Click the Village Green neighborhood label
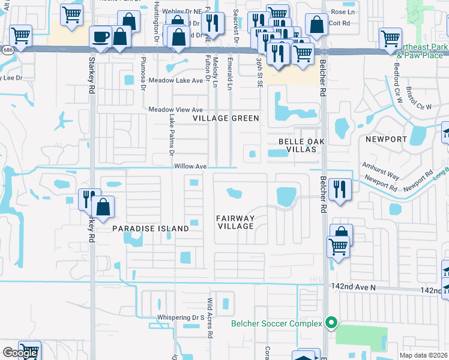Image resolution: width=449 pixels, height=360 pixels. click(226, 118)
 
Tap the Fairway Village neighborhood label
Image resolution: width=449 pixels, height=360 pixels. click(236, 222)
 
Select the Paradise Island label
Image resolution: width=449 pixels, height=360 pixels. click(151, 229)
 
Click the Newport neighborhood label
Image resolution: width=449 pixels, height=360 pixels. click(386, 139)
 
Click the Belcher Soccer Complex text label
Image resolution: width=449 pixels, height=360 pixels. click(277, 324)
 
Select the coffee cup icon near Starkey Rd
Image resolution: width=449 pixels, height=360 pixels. click(100, 37)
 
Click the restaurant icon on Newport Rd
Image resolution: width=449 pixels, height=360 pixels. click(340, 189)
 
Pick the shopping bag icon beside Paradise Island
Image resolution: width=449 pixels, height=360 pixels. click(103, 207)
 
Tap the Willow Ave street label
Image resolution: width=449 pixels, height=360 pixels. click(191, 166)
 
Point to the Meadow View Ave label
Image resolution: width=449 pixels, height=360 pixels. click(176, 110)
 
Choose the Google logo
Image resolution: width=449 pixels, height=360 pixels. click(20, 353)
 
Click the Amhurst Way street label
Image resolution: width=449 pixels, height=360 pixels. click(380, 170)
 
